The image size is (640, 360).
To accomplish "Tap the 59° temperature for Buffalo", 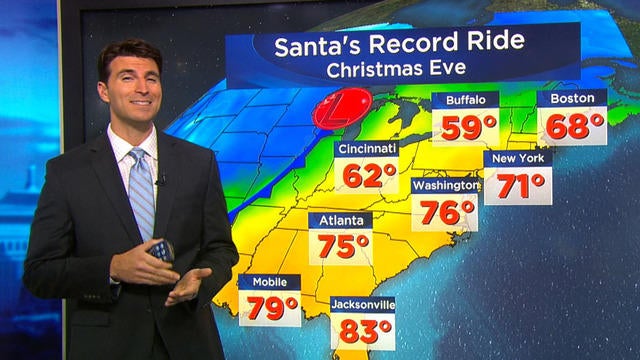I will click(x=464, y=127).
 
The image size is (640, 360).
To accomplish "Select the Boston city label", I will click(x=571, y=99).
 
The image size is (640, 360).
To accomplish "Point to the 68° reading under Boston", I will click(x=571, y=126).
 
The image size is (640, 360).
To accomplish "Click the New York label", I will click(x=517, y=159).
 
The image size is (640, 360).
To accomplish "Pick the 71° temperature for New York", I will click(x=517, y=186).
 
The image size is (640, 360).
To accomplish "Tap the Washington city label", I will click(x=445, y=186).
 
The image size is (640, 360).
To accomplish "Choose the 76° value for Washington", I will click(x=445, y=213).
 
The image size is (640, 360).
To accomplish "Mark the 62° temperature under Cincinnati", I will click(x=369, y=177).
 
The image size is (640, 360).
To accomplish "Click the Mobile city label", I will click(x=269, y=282).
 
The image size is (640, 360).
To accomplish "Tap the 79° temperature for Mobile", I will click(x=270, y=308).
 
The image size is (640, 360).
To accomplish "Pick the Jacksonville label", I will click(x=363, y=304).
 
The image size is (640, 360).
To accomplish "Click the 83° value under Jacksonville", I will click(x=363, y=331).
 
